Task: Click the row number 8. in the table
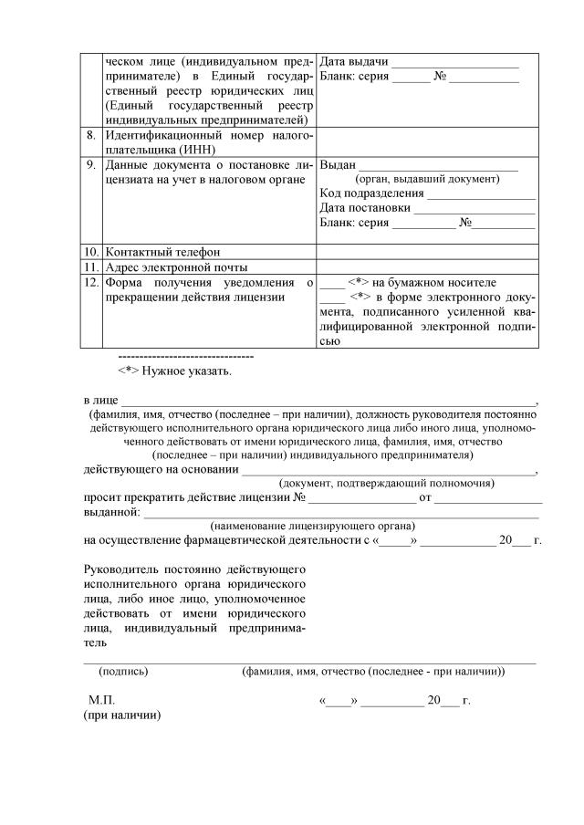[x=90, y=135]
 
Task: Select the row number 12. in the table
[x=90, y=283]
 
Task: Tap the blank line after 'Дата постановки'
[x=474, y=208]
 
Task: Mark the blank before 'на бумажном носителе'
[x=333, y=283]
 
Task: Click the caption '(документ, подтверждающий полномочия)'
[x=387, y=483]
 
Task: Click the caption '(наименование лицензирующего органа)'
[x=313, y=527]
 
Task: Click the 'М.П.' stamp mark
[x=101, y=700]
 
